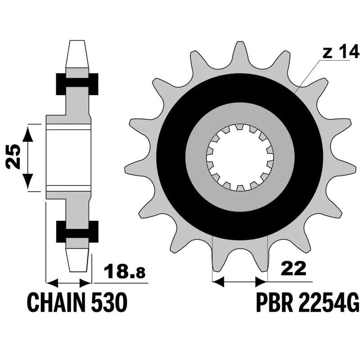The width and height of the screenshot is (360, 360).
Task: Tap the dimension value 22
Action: tap(293, 269)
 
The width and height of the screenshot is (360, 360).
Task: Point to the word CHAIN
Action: tap(55, 302)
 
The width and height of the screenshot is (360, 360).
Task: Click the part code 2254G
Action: tap(328, 302)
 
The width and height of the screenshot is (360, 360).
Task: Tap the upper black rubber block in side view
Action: tap(77, 83)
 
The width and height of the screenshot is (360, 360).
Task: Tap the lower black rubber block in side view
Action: tap(77, 231)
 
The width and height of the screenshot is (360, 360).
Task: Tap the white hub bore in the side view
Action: tap(69, 157)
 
